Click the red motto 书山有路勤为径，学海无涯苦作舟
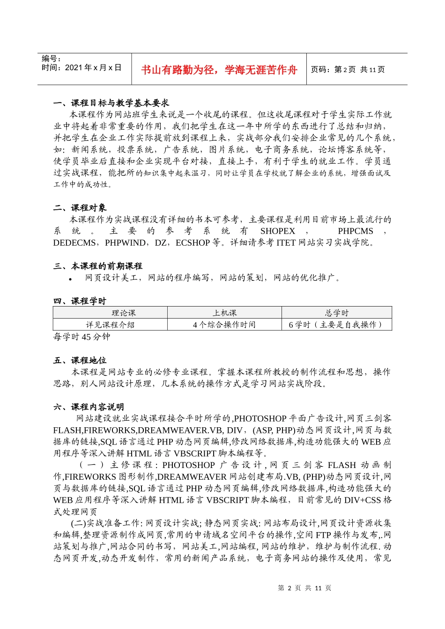pyautogui.click(x=219, y=70)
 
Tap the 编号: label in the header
pyautogui.click(x=52, y=59)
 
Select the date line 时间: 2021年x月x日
pyautogui.click(x=82, y=68)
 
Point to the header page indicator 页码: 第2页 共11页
pyautogui.click(x=348, y=70)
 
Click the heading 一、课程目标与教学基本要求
pyautogui.click(x=111, y=103)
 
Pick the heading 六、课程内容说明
pyautogui.click(x=89, y=407)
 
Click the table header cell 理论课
pyautogui.click(x=124, y=313)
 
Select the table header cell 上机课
pyautogui.click(x=224, y=313)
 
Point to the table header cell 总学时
pyautogui.click(x=336, y=313)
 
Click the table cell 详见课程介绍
pyautogui.click(x=110, y=325)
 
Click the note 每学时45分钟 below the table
pyautogui.click(x=82, y=337)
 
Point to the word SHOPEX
pyautogui.click(x=278, y=231)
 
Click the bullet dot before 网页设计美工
pyautogui.click(x=70, y=279)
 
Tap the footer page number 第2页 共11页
pyautogui.click(x=304, y=588)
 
